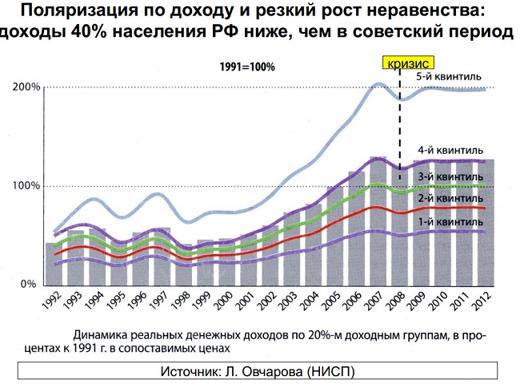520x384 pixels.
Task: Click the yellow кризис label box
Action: [408, 63]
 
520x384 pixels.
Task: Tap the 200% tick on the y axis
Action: [26, 87]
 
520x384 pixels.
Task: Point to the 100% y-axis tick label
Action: [26, 186]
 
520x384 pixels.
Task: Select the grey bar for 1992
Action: [52, 265]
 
